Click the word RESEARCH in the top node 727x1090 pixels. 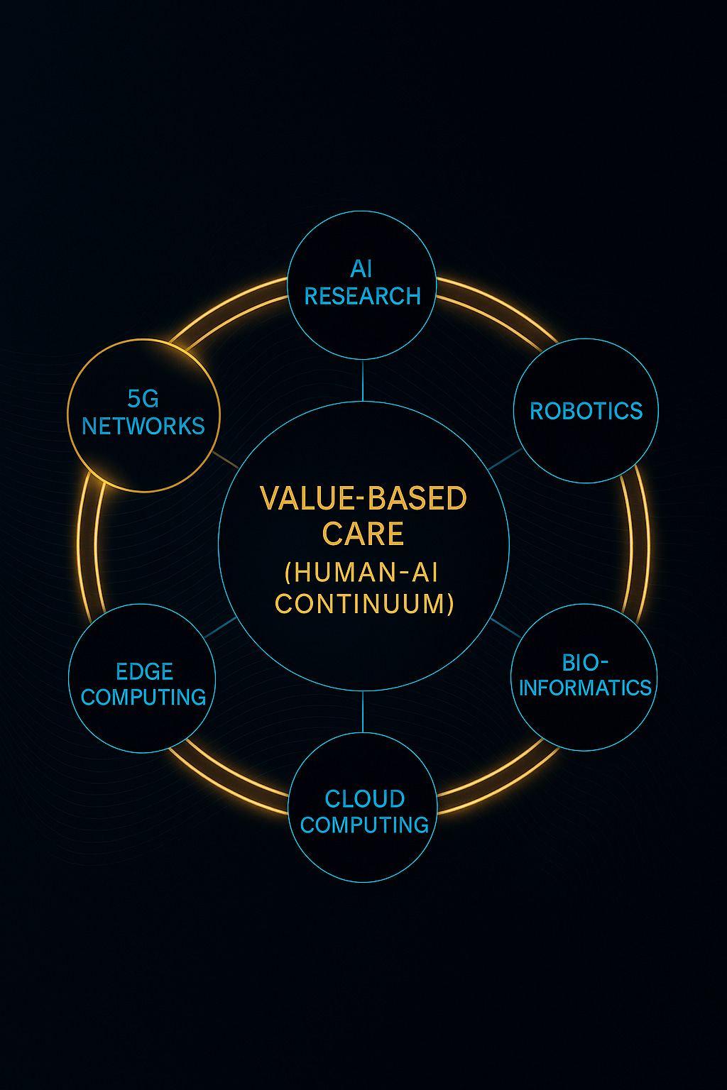pyautogui.click(x=362, y=296)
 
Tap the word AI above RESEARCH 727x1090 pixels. pyautogui.click(x=361, y=269)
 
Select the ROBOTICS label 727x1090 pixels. pyautogui.click(x=586, y=411)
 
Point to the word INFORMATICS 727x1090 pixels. pyautogui.click(x=585, y=688)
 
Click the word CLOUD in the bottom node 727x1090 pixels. pyautogui.click(x=364, y=799)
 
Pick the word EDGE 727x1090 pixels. pyautogui.click(x=144, y=671)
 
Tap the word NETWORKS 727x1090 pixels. pyautogui.click(x=143, y=426)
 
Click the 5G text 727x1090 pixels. pyautogui.click(x=143, y=399)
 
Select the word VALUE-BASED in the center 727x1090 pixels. pyautogui.click(x=363, y=499)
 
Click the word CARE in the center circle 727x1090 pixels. pyautogui.click(x=363, y=534)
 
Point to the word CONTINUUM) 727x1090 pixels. pyautogui.click(x=364, y=604)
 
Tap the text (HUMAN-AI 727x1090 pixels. pyautogui.click(x=361, y=572)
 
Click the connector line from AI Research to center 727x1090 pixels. pyautogui.click(x=363, y=380)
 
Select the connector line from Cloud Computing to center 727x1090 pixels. pyautogui.click(x=363, y=712)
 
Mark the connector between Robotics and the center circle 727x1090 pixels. pyautogui.click(x=505, y=460)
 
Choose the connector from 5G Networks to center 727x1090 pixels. pyautogui.click(x=226, y=460)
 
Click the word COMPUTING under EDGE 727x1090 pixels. pyautogui.click(x=143, y=698)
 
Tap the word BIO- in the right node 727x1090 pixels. pyautogui.click(x=585, y=663)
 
